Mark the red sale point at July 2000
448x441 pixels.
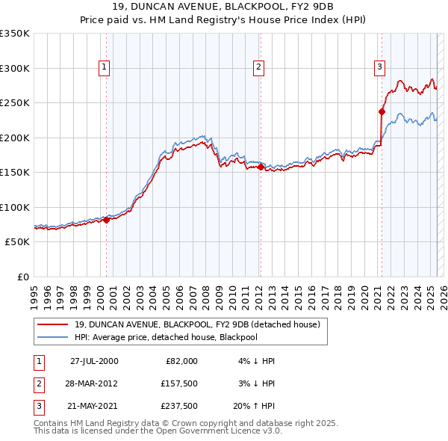[x=107, y=220]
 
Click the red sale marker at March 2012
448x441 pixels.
[x=261, y=167]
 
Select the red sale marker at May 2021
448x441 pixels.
[x=382, y=112]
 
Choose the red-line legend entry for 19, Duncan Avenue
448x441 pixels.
[x=197, y=324]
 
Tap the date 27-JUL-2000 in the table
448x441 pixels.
[x=94, y=361]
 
